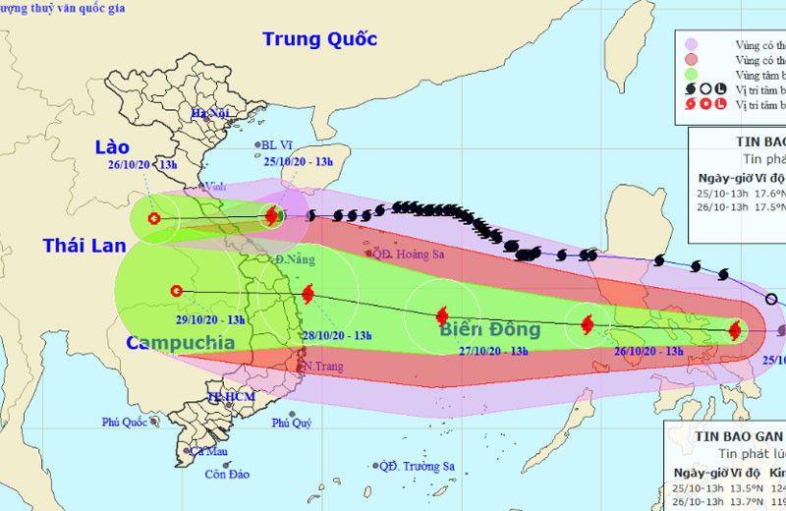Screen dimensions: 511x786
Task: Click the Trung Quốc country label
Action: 319,40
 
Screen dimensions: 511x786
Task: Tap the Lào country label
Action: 112,147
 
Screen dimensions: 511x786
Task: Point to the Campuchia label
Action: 180,343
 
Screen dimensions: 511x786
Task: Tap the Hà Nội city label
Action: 210,113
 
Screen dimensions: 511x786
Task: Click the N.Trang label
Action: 322,367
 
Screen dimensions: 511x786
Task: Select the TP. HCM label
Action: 231,396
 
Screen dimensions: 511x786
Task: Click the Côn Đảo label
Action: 226,475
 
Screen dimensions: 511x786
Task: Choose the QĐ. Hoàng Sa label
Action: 408,254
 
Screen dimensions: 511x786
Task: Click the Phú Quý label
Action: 292,423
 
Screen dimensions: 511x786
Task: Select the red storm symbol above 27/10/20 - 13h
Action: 441,315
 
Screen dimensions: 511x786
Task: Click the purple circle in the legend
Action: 691,44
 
